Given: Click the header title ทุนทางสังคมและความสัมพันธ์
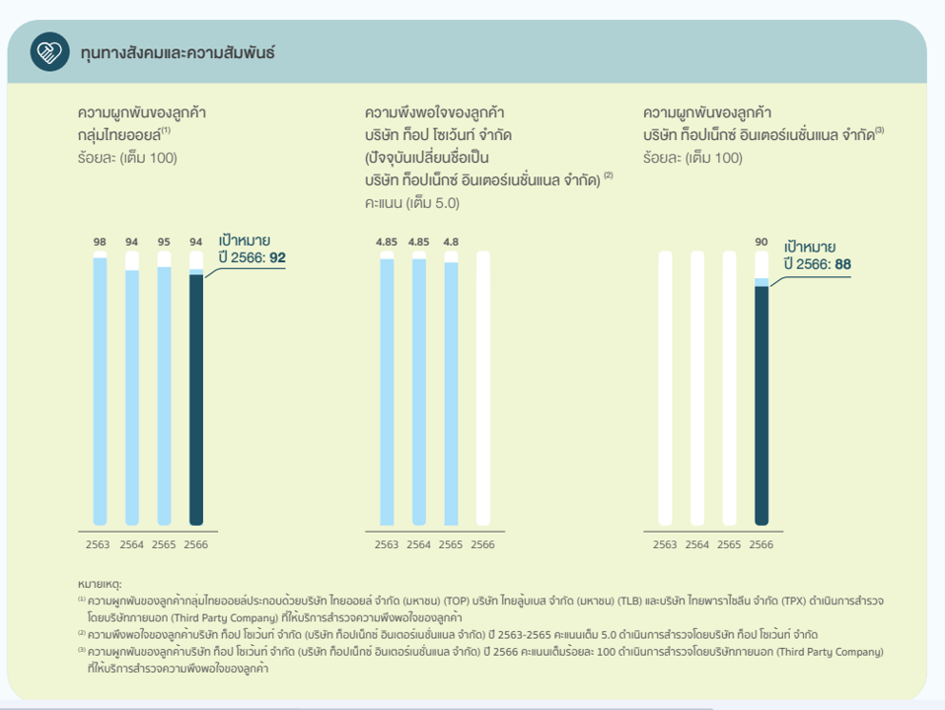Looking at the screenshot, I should pyautogui.click(x=178, y=53).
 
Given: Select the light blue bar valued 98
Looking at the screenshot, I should pyautogui.click(x=100, y=390).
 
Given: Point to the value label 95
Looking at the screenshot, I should pyautogui.click(x=164, y=242).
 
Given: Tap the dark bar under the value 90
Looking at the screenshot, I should pyautogui.click(x=761, y=404).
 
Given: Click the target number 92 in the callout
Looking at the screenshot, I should pyautogui.click(x=276, y=257).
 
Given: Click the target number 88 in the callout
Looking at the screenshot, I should pyautogui.click(x=841, y=264).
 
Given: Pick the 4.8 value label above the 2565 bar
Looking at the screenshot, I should pyautogui.click(x=451, y=242).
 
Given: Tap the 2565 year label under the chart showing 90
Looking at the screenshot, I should pyautogui.click(x=729, y=544).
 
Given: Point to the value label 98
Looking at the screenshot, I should pyautogui.click(x=100, y=242).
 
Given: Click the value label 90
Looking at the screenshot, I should pyautogui.click(x=761, y=242).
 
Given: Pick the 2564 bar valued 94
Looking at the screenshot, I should pyautogui.click(x=132, y=394).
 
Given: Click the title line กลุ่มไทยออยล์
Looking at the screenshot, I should pyautogui.click(x=122, y=133).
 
